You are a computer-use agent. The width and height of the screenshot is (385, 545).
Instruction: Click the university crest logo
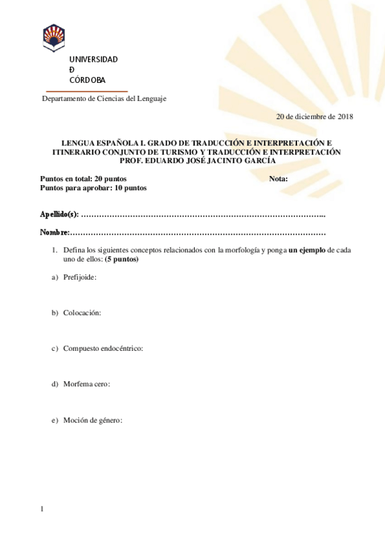[x=53, y=38]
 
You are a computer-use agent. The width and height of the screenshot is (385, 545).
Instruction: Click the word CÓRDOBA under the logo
[x=87, y=80]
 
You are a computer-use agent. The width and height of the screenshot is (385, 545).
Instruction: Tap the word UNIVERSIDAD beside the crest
[x=93, y=60]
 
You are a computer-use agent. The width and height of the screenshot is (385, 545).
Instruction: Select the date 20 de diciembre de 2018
[x=314, y=116]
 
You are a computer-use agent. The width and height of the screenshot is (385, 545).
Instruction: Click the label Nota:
[x=278, y=179]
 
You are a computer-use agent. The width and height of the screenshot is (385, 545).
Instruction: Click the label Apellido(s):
[x=59, y=213]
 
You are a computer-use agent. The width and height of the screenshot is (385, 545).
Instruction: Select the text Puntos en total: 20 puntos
[x=83, y=179]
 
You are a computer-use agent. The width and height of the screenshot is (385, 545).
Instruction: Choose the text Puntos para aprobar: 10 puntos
[x=93, y=188]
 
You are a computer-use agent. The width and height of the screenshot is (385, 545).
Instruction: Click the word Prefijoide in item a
[x=79, y=277]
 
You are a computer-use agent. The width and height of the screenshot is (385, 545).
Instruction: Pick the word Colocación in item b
[x=82, y=312]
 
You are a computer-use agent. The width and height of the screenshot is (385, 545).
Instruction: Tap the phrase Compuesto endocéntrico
[x=102, y=348]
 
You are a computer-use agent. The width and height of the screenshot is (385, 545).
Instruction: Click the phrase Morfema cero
[x=85, y=384]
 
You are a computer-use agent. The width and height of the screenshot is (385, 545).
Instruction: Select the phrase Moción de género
[x=92, y=420]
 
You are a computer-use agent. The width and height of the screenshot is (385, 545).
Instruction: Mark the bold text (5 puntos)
[x=121, y=260]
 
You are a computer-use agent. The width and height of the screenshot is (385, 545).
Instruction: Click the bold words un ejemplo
[x=307, y=250]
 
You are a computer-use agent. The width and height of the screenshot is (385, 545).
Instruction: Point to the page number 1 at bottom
[x=42, y=509]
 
